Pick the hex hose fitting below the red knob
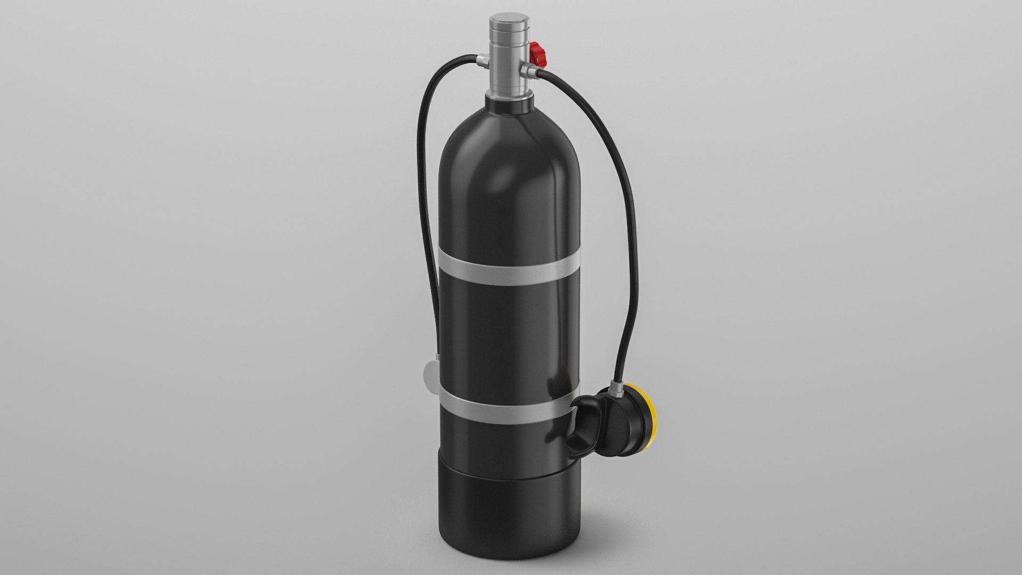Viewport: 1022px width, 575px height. coord(530,70)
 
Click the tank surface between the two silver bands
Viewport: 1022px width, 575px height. coord(506,335)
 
